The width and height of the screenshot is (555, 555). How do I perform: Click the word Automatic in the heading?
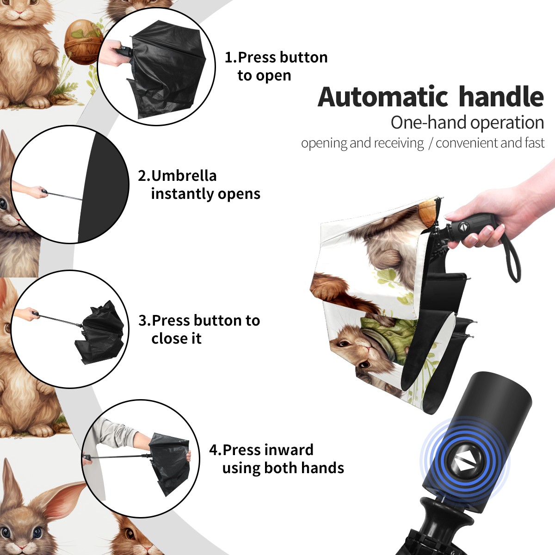tap(383, 97)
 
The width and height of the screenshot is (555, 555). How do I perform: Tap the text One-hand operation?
tap(467, 123)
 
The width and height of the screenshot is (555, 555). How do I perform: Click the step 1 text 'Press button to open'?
tap(276, 66)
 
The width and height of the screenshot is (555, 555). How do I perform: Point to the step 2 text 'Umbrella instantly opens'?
tap(199, 185)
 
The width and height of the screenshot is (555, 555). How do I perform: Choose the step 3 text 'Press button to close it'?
tap(199, 329)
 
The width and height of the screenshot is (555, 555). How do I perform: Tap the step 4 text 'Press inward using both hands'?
tap(277, 459)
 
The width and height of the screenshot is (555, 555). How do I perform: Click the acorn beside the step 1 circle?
tap(82, 42)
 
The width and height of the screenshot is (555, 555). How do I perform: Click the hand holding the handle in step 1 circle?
tap(114, 53)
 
